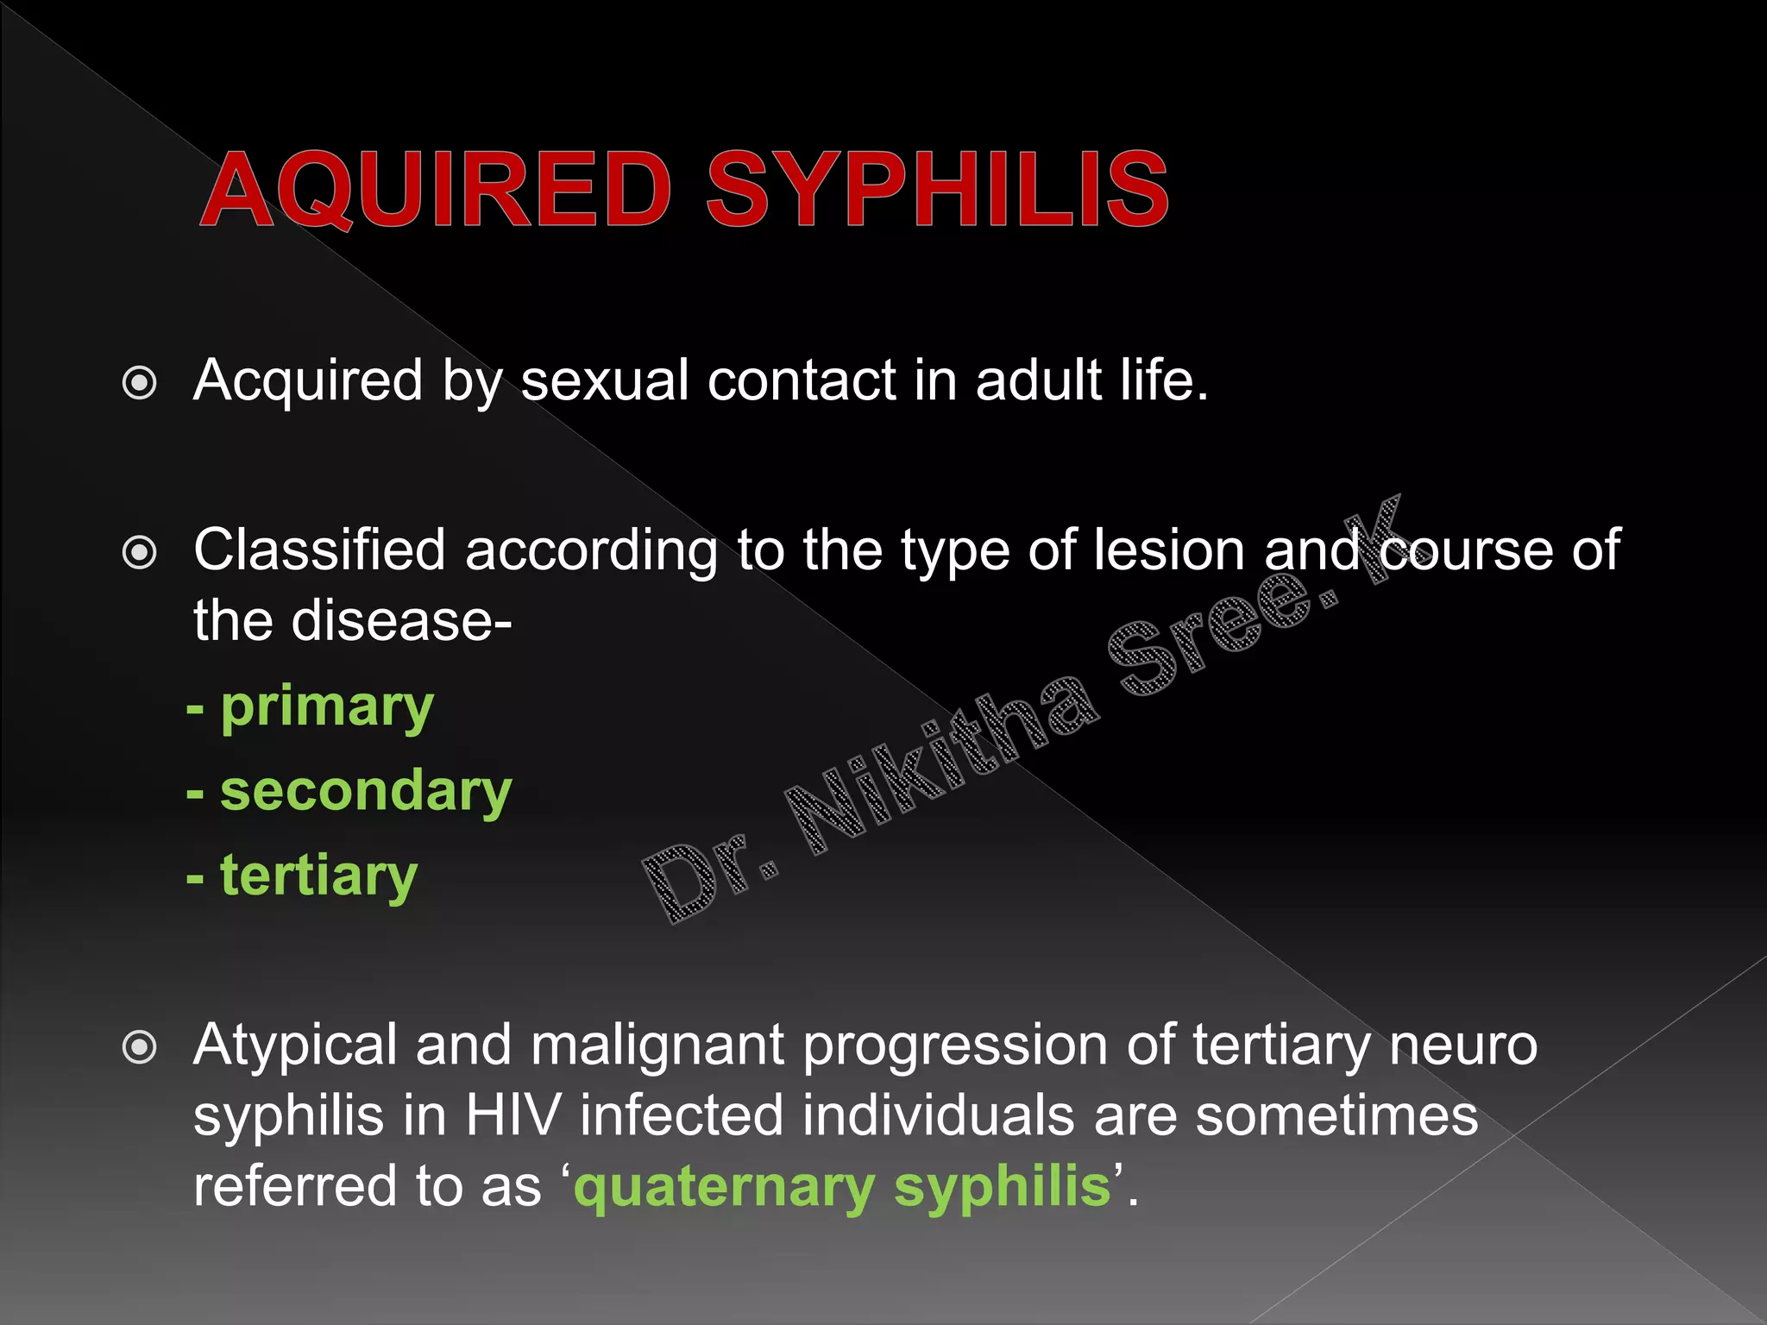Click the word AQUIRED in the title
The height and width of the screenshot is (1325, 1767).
436,190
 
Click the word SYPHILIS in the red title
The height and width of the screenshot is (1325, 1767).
937,190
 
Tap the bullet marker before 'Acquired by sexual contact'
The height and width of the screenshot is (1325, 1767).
140,383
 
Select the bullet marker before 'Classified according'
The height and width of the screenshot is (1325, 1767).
140,552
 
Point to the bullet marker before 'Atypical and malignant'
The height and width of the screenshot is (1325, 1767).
140,1047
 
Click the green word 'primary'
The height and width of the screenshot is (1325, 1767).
327,709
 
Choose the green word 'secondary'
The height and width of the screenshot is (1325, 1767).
366,792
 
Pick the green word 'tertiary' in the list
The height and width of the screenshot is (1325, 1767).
319,876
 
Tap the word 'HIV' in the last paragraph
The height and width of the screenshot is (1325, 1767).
513,1115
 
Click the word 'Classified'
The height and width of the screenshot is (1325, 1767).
319,550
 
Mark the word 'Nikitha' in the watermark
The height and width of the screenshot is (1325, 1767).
940,759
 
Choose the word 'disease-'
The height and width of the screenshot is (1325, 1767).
401,620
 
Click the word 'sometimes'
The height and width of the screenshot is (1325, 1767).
1336,1115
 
